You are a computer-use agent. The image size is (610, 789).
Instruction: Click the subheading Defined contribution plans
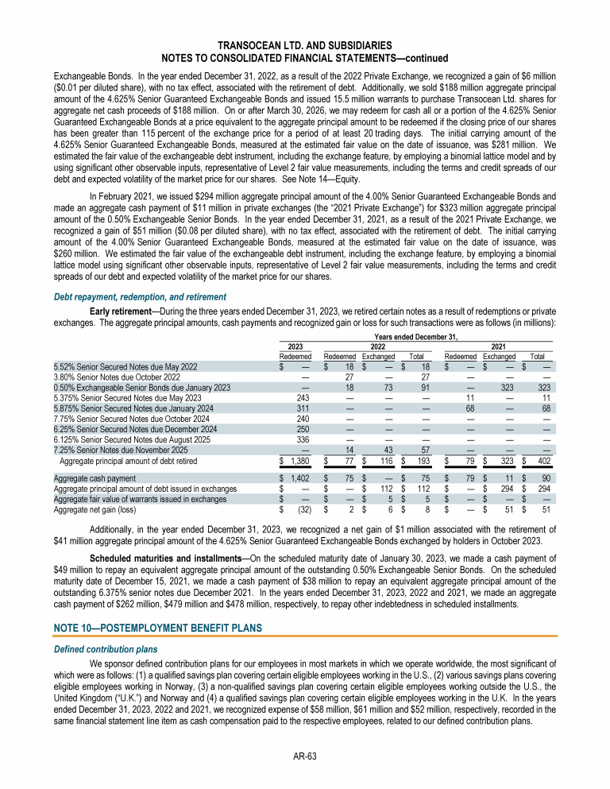(x=106, y=649)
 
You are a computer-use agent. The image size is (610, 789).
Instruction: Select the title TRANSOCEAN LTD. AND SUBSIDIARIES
(x=305, y=47)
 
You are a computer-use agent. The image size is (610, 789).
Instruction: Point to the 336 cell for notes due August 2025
(x=302, y=439)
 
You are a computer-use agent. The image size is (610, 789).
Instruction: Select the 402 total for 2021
(x=543, y=460)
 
